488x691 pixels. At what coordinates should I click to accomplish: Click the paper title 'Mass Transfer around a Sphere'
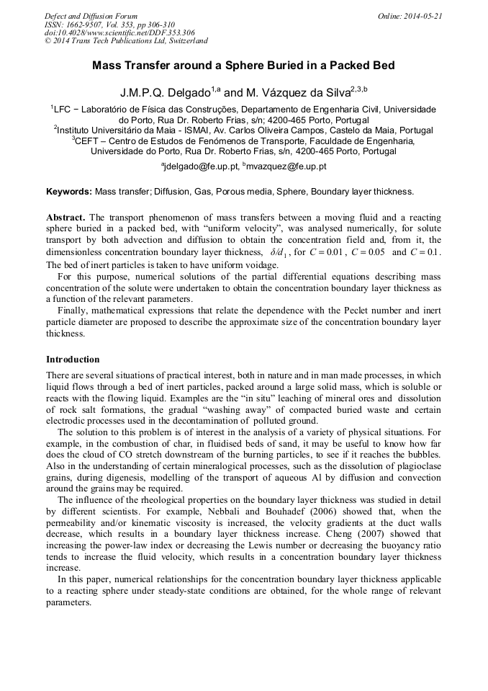tap(243, 66)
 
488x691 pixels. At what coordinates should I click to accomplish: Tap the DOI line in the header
tap(119, 32)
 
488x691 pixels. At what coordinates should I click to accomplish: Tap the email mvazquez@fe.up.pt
tap(288, 166)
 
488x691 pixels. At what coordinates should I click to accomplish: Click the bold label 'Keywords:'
tap(69, 192)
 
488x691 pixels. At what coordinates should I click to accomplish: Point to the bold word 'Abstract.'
tap(65, 217)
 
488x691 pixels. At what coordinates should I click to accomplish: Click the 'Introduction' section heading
tap(73, 360)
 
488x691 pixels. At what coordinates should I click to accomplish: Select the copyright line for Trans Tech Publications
tap(126, 41)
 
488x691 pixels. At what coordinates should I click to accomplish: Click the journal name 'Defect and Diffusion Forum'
tap(91, 16)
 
